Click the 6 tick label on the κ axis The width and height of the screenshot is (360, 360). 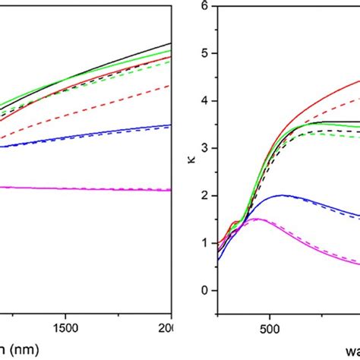coord(204,6)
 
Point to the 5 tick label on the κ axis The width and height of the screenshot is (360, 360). coord(204,53)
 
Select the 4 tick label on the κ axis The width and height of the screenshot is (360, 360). coord(204,101)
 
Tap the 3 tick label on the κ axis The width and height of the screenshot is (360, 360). coord(204,148)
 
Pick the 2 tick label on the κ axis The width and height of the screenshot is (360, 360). coord(204,196)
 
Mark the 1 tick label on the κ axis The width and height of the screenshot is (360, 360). coord(204,243)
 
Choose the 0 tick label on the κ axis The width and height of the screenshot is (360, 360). coord(204,291)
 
